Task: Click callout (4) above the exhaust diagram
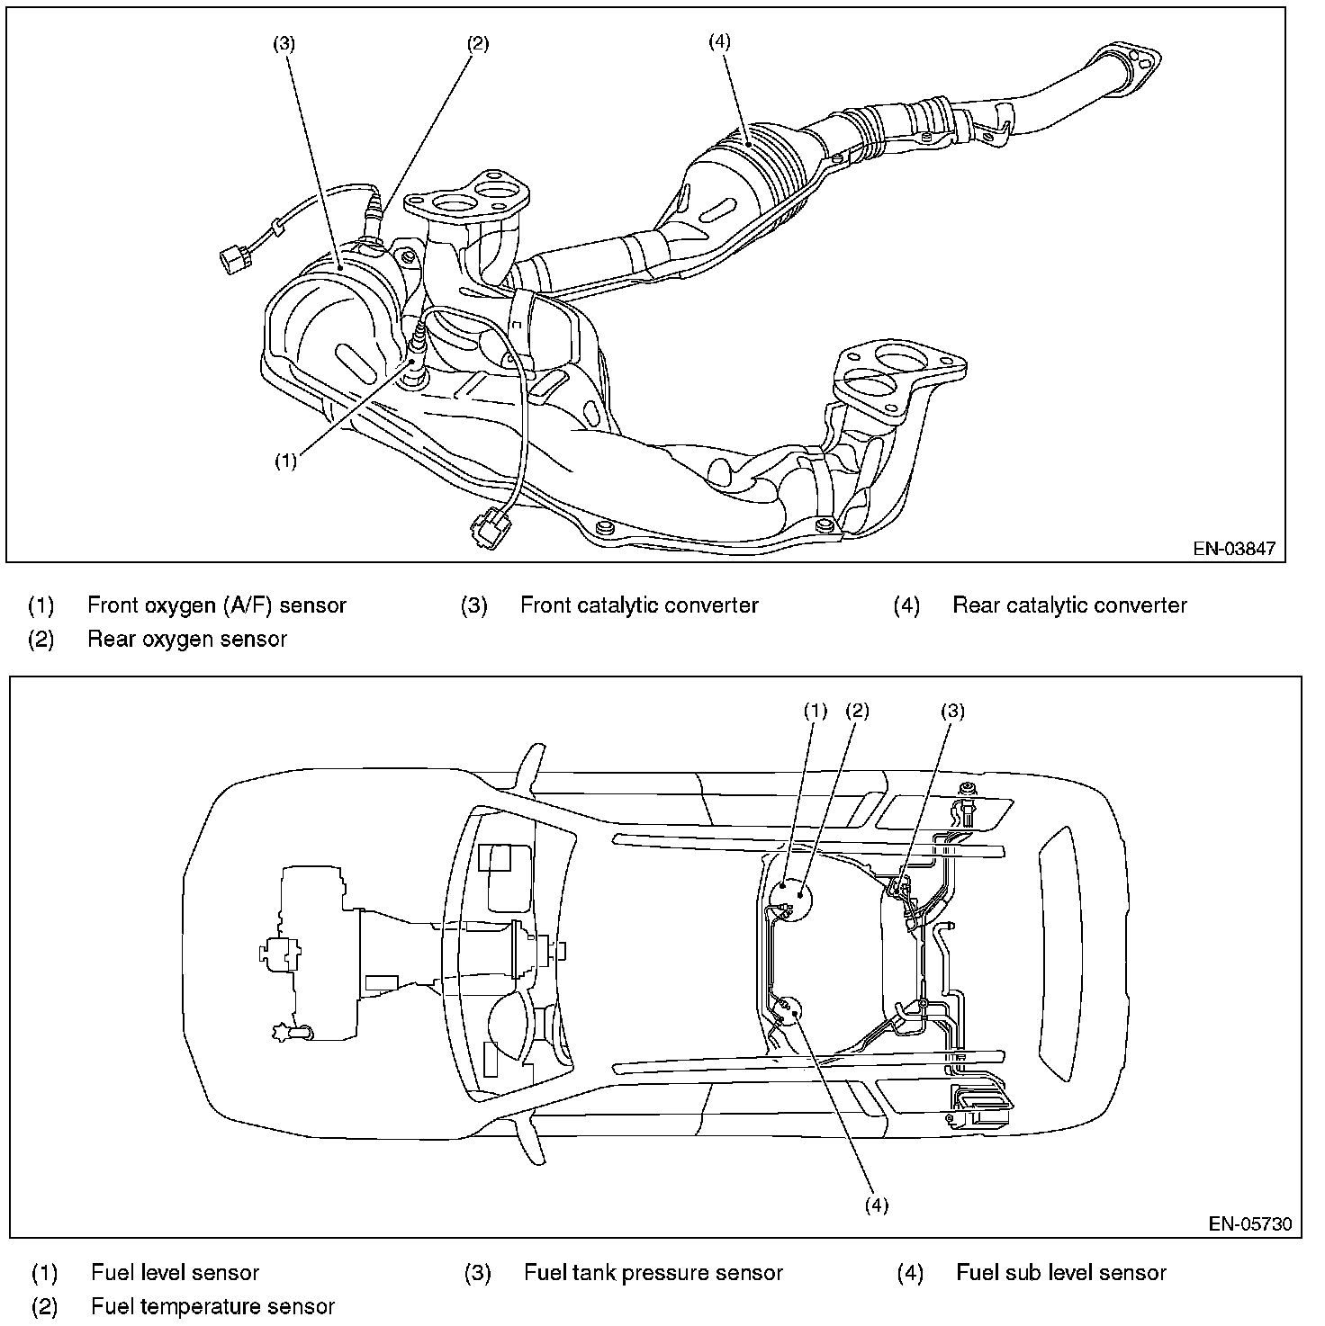click(719, 41)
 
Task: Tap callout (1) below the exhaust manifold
click(286, 461)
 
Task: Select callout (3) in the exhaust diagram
click(284, 43)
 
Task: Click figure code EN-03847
click(1234, 549)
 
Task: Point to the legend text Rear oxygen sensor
click(186, 640)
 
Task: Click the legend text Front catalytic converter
click(639, 605)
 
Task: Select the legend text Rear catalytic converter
click(1069, 605)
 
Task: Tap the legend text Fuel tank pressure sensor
click(653, 1273)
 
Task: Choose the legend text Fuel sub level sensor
click(1061, 1273)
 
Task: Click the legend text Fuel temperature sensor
click(212, 1306)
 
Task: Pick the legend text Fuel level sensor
click(175, 1273)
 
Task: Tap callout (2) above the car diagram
click(858, 711)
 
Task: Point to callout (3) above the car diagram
click(953, 711)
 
